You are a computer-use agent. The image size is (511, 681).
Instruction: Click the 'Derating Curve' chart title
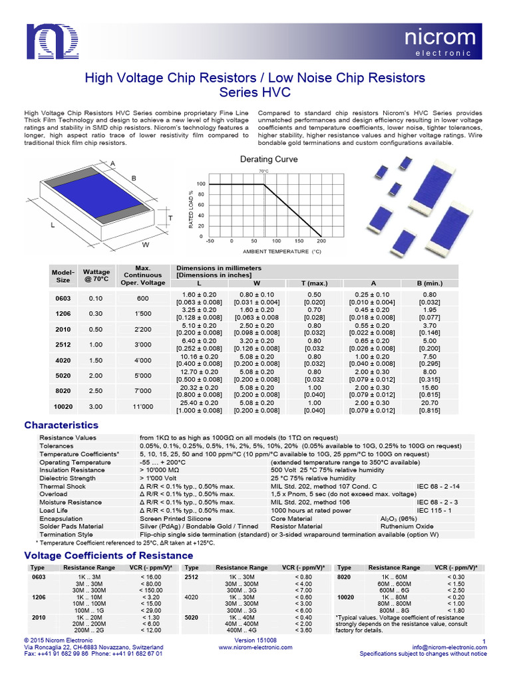point(268,160)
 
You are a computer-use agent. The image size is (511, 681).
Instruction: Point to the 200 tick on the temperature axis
point(321,241)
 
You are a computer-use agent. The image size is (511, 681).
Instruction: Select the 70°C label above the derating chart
point(263,172)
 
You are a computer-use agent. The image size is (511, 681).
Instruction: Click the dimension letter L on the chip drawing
point(52,225)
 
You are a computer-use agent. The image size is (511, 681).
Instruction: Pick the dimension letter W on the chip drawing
point(145,245)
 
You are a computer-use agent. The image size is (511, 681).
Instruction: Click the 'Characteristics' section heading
point(61,425)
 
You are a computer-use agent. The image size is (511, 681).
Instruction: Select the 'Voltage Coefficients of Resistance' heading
point(108,555)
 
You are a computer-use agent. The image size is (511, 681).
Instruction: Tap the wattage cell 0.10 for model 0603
point(96,299)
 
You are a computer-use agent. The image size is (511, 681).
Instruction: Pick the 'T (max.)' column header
point(313,283)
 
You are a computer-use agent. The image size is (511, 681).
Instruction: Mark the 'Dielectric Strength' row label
point(67,478)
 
